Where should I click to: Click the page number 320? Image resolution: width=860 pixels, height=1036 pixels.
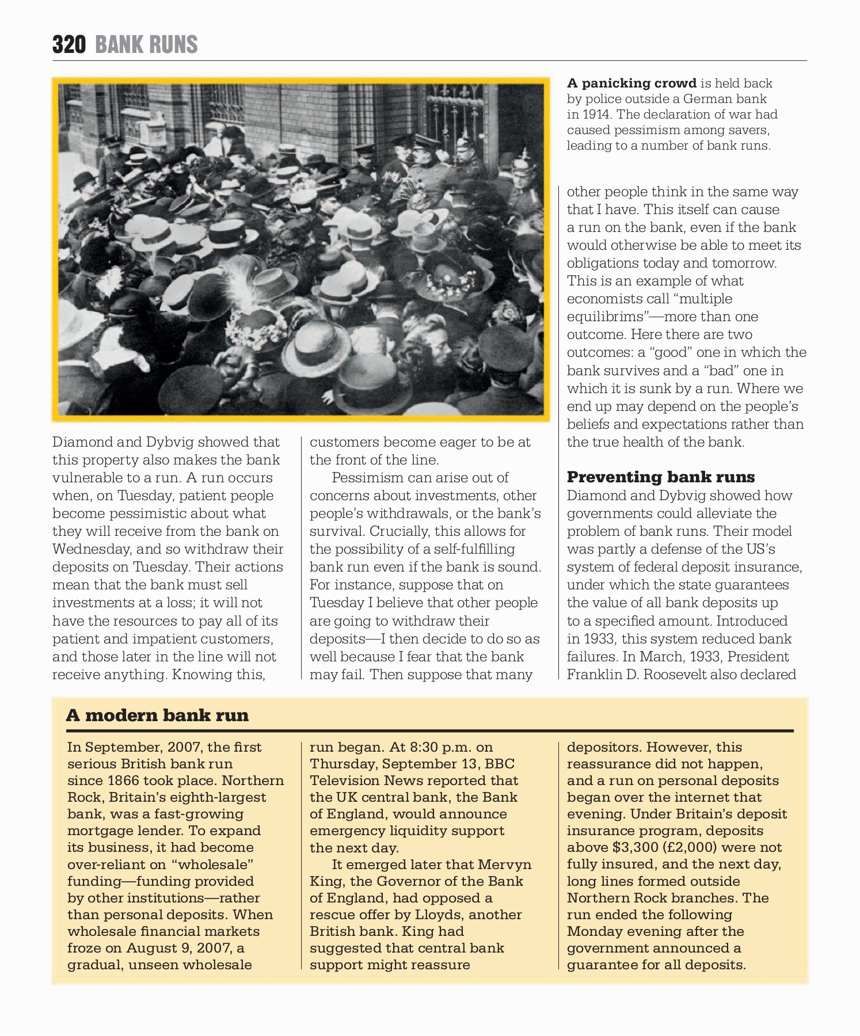point(69,44)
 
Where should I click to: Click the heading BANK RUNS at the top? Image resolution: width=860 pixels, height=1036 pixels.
point(146,44)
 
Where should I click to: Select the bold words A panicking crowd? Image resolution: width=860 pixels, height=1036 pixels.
point(631,83)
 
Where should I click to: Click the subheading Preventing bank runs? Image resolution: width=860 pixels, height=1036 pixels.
point(660,477)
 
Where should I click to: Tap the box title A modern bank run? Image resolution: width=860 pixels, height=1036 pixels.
point(157,715)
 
